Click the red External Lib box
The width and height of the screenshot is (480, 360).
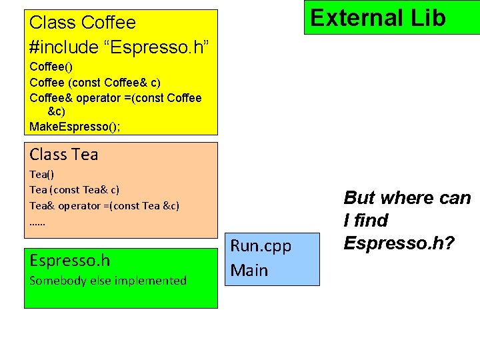point(377,18)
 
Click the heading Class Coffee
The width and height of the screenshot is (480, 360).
point(83,23)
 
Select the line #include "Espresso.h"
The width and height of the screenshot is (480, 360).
point(120,47)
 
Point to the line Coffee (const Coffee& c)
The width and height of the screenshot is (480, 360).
point(95,82)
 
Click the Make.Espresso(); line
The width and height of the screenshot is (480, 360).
point(75,126)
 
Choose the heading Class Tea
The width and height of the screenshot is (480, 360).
point(64,155)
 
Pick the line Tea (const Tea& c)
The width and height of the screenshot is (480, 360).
point(75,190)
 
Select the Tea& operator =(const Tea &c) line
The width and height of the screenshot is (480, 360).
point(105,205)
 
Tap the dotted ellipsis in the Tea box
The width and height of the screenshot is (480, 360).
point(38,222)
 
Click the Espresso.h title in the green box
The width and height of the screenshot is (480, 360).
point(70,261)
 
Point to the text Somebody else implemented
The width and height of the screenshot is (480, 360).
point(108,281)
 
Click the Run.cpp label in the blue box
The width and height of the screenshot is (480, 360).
point(261,246)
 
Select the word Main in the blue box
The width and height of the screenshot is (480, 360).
point(249,271)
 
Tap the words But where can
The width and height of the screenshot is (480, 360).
point(407,198)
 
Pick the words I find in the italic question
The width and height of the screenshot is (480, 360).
point(365,221)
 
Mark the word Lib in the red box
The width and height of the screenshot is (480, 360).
point(425,18)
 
